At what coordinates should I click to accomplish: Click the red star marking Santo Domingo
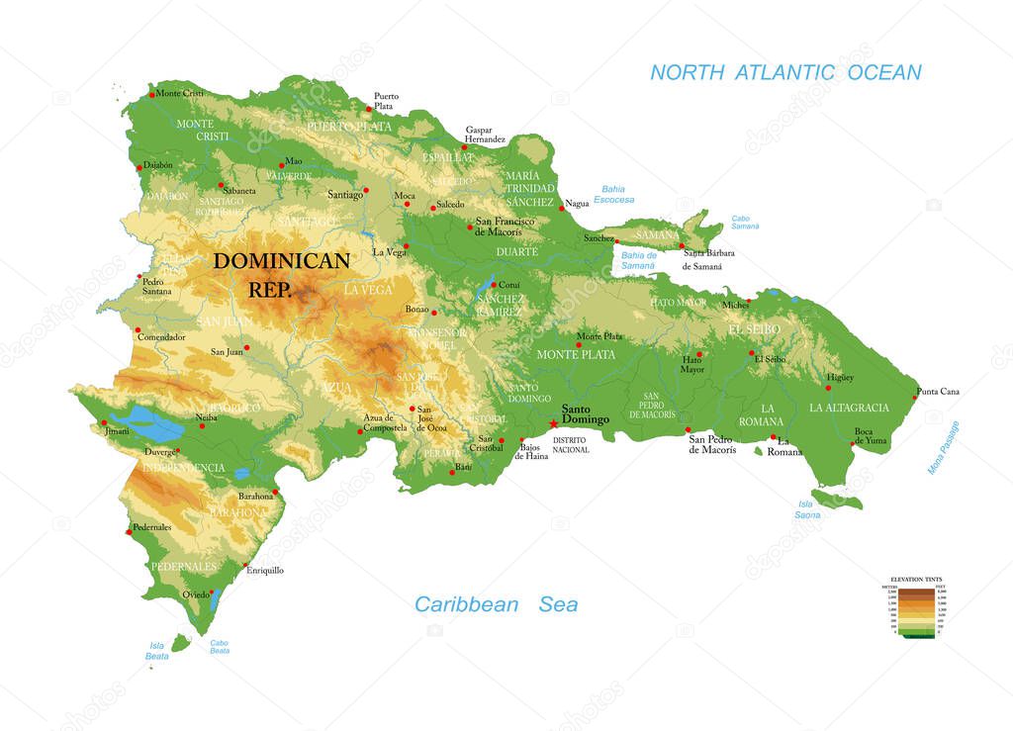(x=552, y=423)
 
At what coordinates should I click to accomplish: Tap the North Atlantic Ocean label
(x=785, y=72)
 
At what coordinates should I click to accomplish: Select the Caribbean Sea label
(x=496, y=604)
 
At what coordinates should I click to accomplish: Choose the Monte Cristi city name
(x=180, y=93)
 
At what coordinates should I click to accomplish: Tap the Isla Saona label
(x=806, y=508)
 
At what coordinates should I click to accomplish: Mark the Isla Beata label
(x=156, y=650)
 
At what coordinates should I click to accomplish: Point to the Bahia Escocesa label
(x=614, y=194)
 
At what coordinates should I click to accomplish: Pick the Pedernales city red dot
(x=129, y=532)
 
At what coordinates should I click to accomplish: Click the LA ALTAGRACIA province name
(x=849, y=408)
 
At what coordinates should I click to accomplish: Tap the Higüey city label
(x=840, y=377)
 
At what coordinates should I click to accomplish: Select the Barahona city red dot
(x=275, y=491)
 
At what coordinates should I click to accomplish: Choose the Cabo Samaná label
(x=745, y=222)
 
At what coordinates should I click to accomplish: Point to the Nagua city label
(x=577, y=204)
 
